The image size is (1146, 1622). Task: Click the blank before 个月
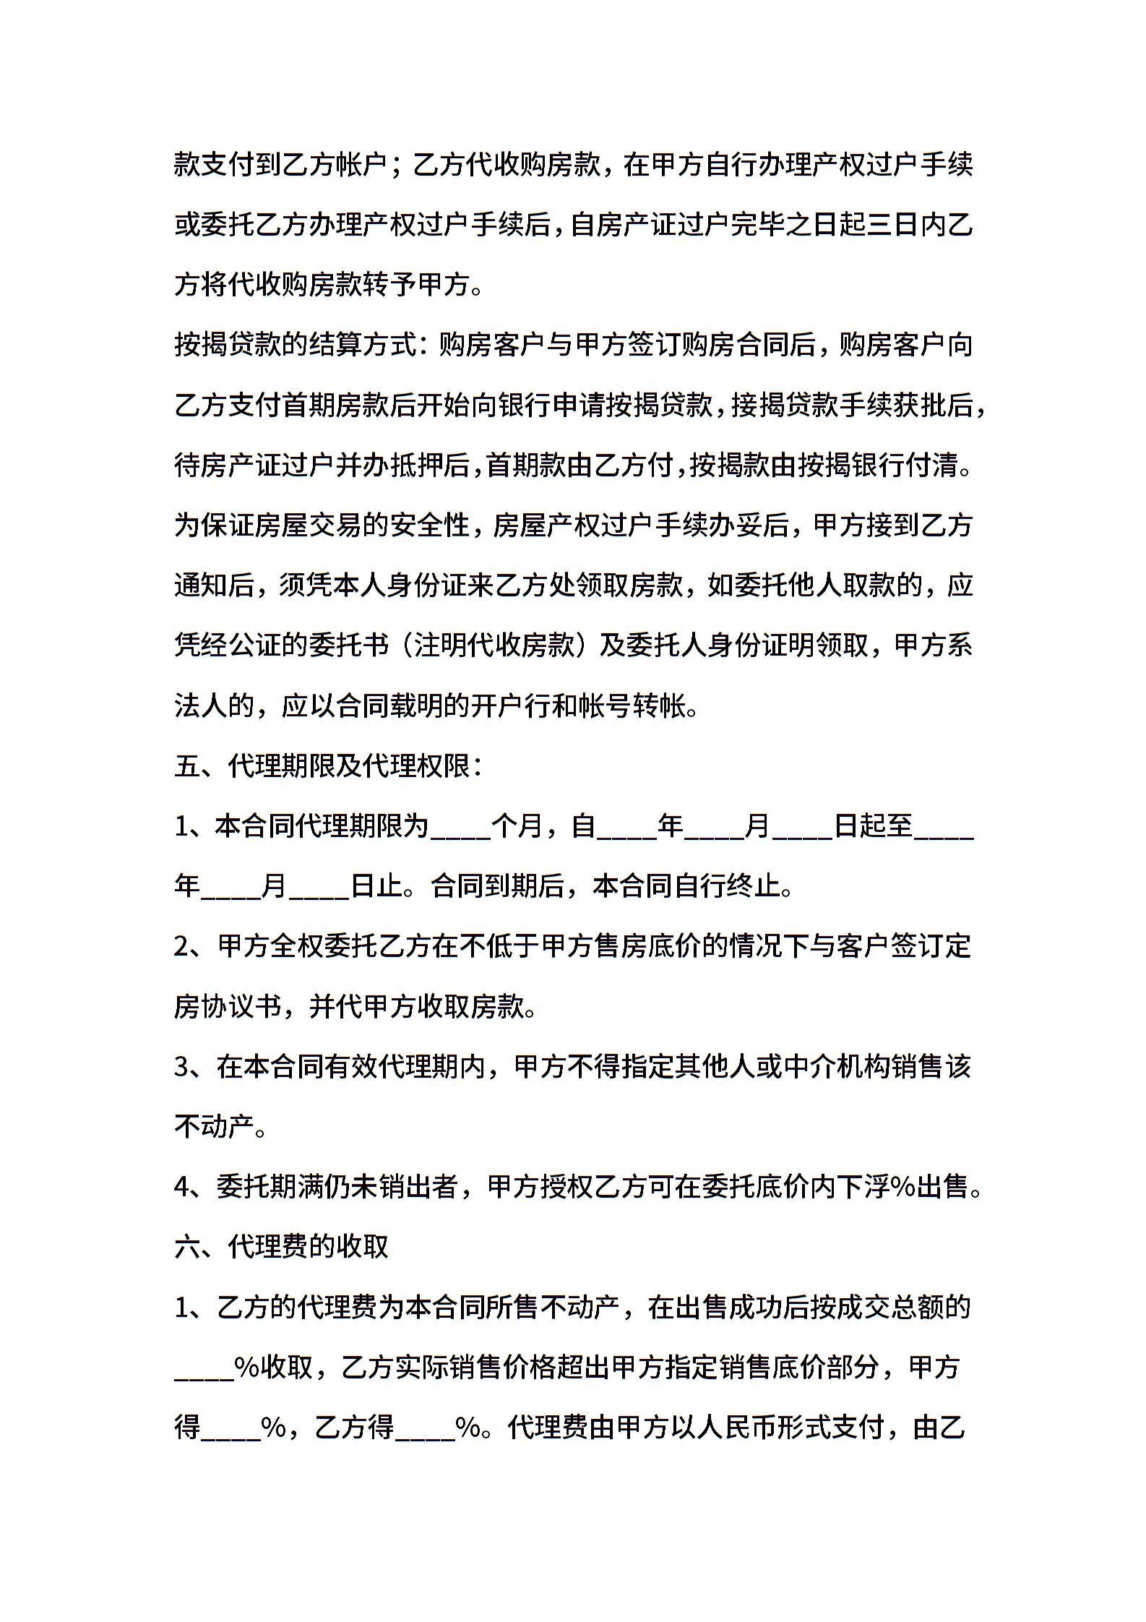(x=460, y=826)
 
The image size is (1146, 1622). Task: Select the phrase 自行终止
(x=725, y=886)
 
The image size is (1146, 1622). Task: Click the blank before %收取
(x=204, y=1368)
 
